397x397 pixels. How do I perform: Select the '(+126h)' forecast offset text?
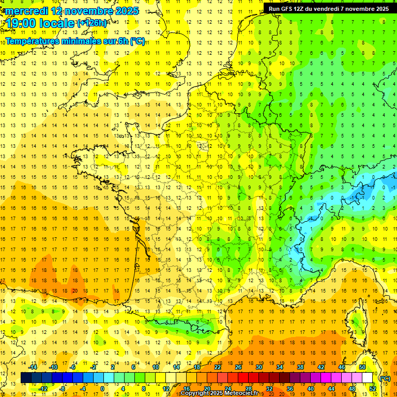point(92,23)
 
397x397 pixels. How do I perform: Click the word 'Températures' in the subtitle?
point(37,41)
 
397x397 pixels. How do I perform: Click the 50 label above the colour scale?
point(362,367)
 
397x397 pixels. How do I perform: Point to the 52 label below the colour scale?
point(373,389)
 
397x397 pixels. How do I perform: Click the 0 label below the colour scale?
point(102,389)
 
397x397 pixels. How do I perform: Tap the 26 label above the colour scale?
point(238,367)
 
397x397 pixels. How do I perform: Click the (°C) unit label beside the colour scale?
point(385,378)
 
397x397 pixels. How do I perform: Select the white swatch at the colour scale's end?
point(368,378)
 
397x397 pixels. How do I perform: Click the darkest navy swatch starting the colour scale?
point(26,378)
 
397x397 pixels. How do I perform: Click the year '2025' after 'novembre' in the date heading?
point(124,11)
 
